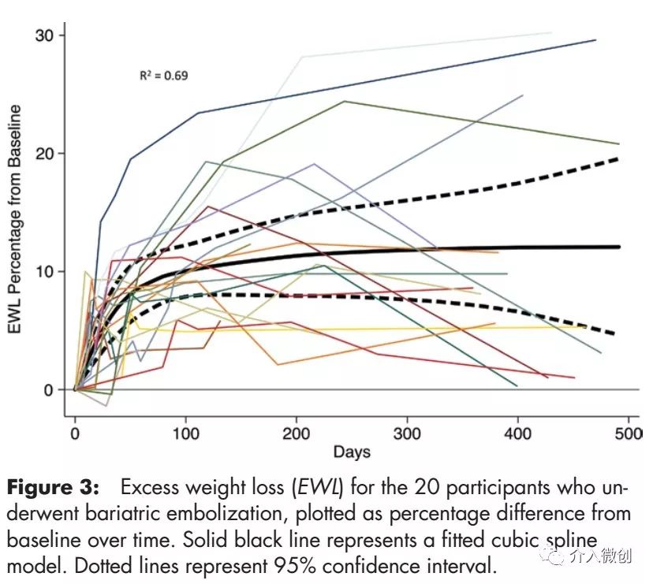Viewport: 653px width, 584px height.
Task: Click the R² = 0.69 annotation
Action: (164, 76)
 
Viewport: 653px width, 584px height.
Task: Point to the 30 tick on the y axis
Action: (46, 35)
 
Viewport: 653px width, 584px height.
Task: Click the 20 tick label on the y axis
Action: (46, 153)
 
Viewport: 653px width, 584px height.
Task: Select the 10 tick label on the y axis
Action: (46, 271)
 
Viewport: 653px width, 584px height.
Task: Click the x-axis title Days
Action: (351, 452)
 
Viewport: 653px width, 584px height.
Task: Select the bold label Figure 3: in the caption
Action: (54, 488)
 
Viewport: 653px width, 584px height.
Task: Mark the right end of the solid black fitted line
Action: (619, 247)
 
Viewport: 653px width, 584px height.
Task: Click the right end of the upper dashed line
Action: (618, 158)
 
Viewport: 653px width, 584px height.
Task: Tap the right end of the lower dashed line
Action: (614, 333)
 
